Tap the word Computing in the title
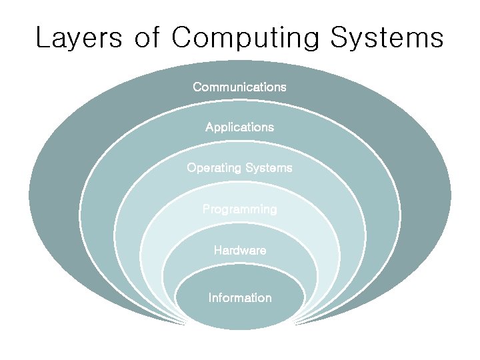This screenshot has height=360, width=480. (x=245, y=38)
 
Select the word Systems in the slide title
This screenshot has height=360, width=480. (x=387, y=38)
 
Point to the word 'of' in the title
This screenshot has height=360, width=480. (x=147, y=38)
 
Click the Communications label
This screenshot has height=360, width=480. (x=239, y=87)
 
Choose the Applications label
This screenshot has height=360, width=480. (x=239, y=127)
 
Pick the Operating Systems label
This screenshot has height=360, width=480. (x=239, y=168)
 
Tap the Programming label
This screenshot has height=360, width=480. (x=239, y=209)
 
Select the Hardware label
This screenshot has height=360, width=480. (x=239, y=251)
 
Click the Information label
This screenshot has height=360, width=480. (x=239, y=298)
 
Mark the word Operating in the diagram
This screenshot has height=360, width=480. (x=213, y=168)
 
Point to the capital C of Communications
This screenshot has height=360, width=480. (x=197, y=87)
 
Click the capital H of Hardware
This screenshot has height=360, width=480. (x=217, y=251)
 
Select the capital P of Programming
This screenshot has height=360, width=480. (x=206, y=209)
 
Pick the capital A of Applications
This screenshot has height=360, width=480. (x=209, y=127)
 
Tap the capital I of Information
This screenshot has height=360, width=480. (x=210, y=298)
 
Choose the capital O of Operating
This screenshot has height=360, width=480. (x=191, y=168)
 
